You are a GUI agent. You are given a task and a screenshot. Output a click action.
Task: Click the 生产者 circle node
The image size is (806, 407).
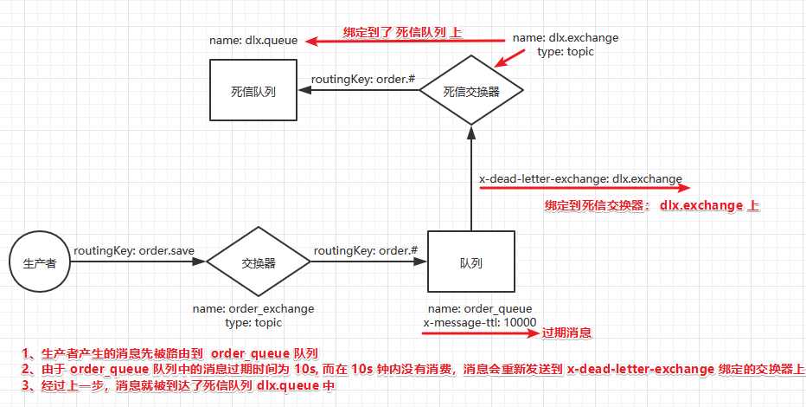click(x=39, y=263)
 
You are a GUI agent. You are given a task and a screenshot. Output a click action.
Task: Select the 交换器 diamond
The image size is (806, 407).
click(x=259, y=263)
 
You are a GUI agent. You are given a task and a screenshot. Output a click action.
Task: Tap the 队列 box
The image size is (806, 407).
click(x=471, y=263)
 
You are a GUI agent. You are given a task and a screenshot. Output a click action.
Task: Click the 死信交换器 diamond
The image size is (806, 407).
click(x=471, y=90)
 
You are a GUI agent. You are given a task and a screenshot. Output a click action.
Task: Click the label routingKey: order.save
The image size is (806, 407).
click(x=133, y=251)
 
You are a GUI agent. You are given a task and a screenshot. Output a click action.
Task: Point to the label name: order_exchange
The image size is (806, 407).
click(x=253, y=308)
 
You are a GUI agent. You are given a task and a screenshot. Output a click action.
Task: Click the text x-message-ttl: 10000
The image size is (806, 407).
click(x=480, y=322)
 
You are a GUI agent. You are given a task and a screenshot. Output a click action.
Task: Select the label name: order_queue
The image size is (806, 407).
click(x=480, y=308)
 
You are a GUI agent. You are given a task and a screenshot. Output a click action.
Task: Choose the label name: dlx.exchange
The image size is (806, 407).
click(x=566, y=38)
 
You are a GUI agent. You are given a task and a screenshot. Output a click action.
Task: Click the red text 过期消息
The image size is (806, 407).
click(x=566, y=333)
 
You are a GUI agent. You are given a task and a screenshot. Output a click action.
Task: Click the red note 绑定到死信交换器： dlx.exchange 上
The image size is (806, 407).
click(x=652, y=206)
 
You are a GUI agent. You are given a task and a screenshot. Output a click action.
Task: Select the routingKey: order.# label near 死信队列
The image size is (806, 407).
click(x=363, y=79)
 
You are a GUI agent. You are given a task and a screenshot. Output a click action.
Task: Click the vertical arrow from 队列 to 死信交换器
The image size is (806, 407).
click(x=471, y=178)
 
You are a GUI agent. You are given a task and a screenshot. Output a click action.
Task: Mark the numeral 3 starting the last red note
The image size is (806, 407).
click(x=27, y=386)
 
